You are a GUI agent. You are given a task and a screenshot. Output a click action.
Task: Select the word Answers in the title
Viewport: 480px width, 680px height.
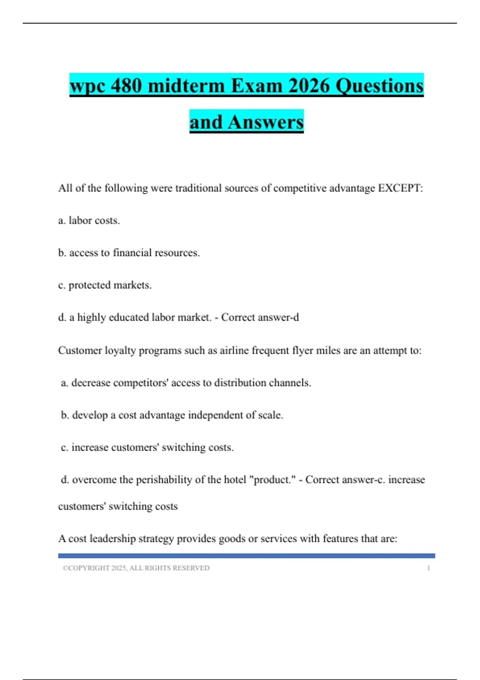(x=266, y=122)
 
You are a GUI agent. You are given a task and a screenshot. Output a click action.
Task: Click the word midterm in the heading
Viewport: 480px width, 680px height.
(x=186, y=86)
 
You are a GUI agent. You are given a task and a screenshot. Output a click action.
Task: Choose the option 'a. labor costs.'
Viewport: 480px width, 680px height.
(x=89, y=220)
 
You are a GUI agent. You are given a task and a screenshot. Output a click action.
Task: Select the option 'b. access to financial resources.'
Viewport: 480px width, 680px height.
(x=129, y=253)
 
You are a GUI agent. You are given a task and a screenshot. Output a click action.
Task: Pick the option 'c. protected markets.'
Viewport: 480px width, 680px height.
(x=105, y=285)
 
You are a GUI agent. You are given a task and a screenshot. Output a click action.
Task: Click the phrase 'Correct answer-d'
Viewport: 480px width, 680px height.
(x=260, y=318)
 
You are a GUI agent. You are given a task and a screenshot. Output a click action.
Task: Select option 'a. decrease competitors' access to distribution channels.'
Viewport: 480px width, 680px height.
(x=186, y=383)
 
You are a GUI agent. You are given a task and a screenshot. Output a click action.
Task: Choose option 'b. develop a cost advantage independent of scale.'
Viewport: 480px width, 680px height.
(x=172, y=415)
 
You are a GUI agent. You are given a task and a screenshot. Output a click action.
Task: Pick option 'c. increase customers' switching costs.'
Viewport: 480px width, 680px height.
(x=147, y=448)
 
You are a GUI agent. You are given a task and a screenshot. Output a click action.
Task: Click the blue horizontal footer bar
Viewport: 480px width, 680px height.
(x=246, y=556)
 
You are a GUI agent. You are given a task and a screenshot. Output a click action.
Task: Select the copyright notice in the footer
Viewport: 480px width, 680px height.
(x=136, y=568)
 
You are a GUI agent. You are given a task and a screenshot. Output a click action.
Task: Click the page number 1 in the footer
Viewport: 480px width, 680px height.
(x=428, y=568)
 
